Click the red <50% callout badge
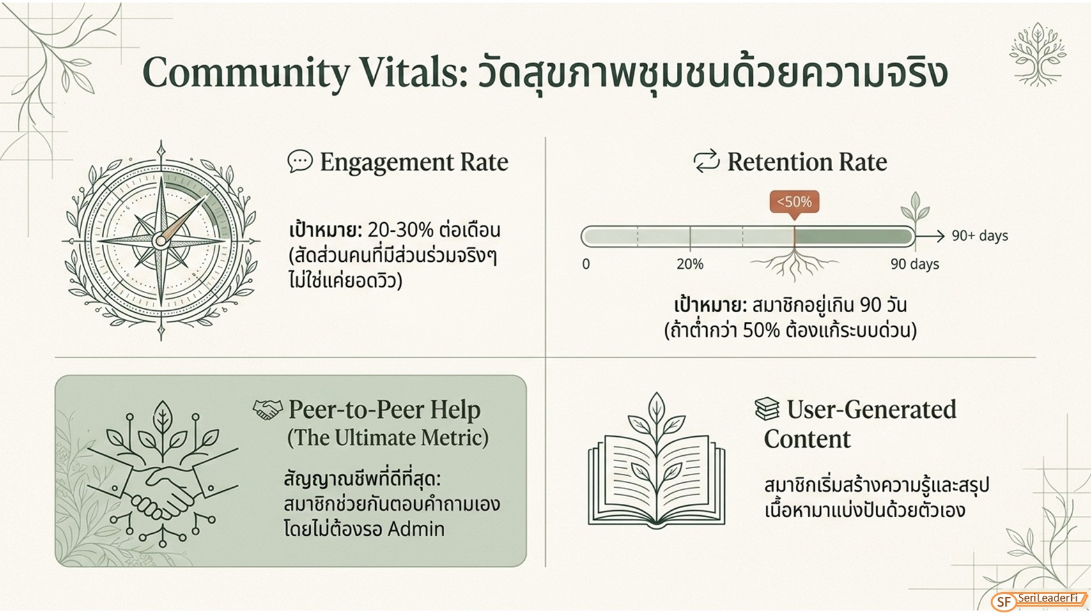[x=794, y=202]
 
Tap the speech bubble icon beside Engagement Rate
[x=300, y=161]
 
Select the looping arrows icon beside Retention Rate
[x=706, y=162]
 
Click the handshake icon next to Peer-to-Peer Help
[x=267, y=410]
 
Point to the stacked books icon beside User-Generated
[x=767, y=409]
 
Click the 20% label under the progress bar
[x=690, y=264]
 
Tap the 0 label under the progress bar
[x=586, y=264]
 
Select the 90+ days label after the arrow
[x=979, y=236]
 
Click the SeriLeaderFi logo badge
[x=1039, y=601]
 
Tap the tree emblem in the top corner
[x=1037, y=54]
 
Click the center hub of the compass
[x=160, y=240]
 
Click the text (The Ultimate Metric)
[x=388, y=437]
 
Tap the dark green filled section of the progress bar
[x=854, y=236]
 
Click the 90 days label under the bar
[x=915, y=264]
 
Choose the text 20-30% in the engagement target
[x=400, y=230]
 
